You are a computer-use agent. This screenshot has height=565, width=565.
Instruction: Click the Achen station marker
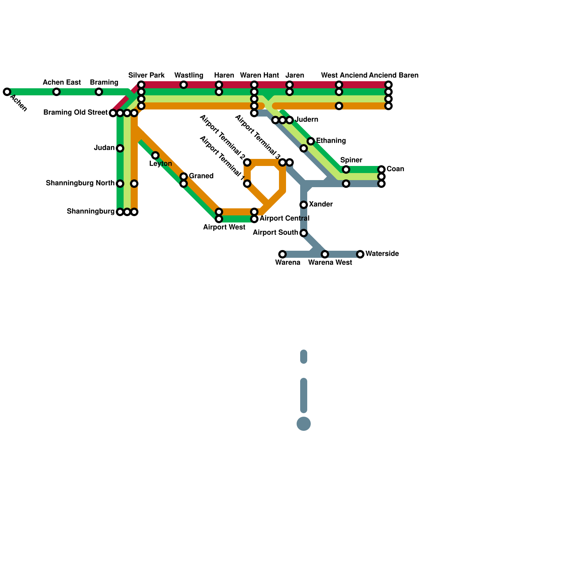tap(7, 92)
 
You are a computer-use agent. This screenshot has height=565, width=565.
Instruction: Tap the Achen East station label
tap(62, 83)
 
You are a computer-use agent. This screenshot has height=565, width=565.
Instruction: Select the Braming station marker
tap(99, 92)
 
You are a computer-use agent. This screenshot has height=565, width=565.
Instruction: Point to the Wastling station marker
tap(184, 85)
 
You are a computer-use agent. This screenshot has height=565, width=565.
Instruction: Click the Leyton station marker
tap(155, 155)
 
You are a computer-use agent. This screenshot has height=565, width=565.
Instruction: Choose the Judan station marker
tap(120, 148)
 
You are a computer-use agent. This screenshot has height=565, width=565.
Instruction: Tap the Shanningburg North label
tap(80, 183)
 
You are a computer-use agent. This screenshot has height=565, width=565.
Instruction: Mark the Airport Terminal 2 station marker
tap(247, 162)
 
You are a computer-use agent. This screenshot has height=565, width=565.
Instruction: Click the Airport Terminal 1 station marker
tap(247, 184)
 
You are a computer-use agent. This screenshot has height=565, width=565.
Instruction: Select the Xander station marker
tap(304, 205)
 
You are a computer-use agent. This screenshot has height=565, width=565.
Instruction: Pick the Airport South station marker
tap(304, 233)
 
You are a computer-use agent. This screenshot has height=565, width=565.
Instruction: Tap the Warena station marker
tap(282, 254)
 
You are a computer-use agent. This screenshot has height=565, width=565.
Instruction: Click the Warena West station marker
tap(325, 254)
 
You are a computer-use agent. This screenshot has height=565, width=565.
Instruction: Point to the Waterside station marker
tap(360, 254)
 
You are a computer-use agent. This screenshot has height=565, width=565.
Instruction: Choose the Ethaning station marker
tap(311, 141)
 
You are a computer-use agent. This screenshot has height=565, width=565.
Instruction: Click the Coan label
tap(395, 169)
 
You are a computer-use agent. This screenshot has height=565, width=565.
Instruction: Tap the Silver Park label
tap(146, 76)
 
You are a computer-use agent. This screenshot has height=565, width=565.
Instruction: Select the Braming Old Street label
tap(75, 113)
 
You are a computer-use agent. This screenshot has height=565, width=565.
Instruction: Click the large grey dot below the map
tap(304, 424)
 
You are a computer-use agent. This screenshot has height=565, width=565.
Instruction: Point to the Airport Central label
tap(284, 219)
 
